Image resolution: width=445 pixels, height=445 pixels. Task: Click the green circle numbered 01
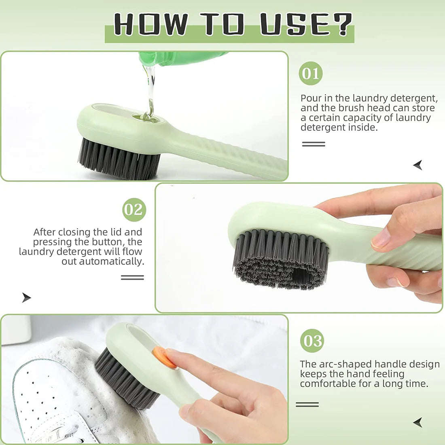(x=311, y=73)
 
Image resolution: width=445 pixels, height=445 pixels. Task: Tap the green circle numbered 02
(x=134, y=210)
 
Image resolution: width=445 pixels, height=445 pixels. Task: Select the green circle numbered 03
(x=312, y=341)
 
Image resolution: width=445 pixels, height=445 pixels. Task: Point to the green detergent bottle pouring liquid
(x=182, y=58)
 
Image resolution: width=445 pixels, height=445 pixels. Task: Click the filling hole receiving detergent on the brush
(x=146, y=118)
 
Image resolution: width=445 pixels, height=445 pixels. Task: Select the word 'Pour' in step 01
(x=311, y=98)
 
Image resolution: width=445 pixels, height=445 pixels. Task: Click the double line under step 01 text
(x=314, y=144)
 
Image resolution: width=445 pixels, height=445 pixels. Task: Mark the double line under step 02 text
(x=132, y=278)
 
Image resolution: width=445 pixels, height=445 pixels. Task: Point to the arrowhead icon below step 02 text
(x=26, y=298)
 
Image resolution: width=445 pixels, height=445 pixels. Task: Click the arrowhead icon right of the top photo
(x=418, y=165)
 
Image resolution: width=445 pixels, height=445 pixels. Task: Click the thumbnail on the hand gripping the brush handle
(x=380, y=239)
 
